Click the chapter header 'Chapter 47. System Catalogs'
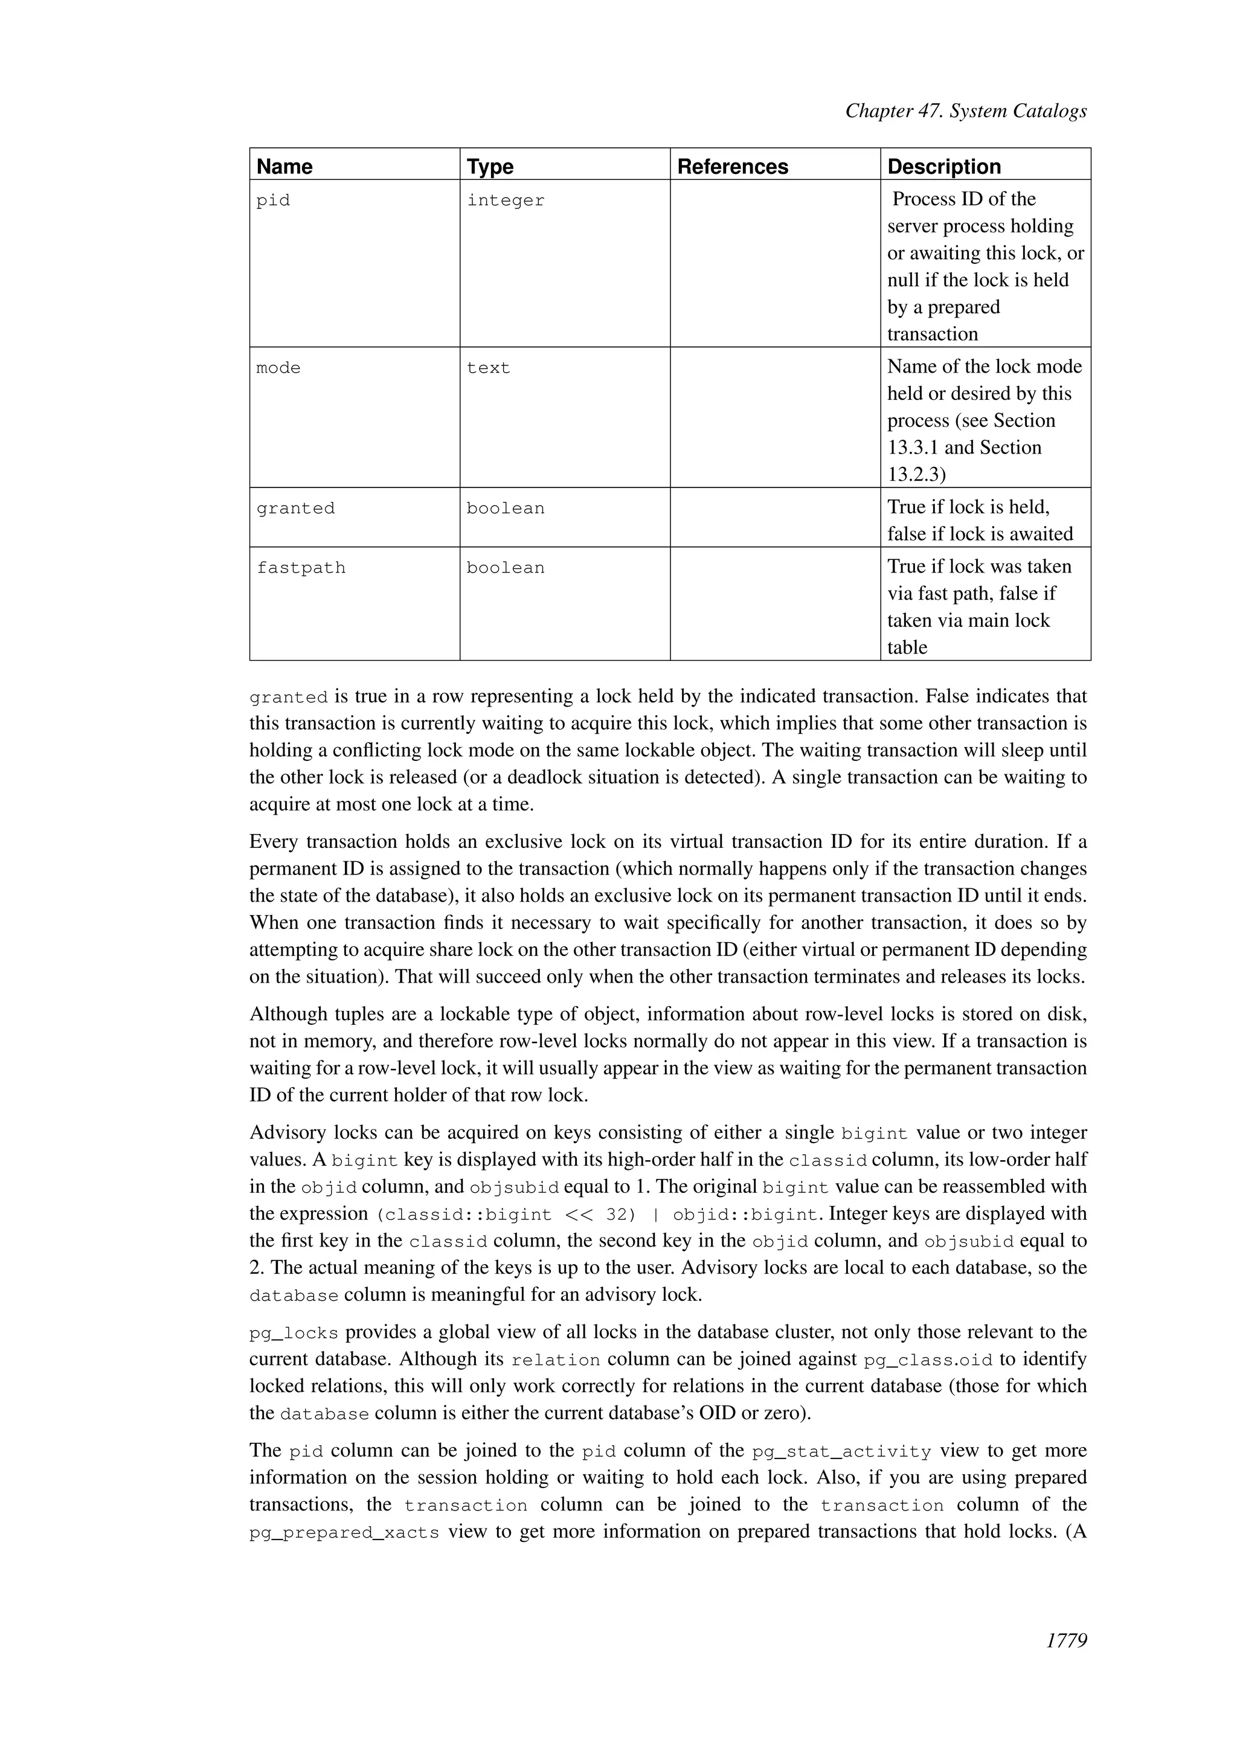pos(966,111)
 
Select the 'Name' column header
pos(284,167)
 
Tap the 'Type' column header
pos(490,167)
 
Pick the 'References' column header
pos(732,167)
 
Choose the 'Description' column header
pos(943,167)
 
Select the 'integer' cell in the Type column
pos(506,201)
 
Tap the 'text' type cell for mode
pos(488,368)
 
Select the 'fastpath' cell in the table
pos(301,568)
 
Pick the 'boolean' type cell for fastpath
pos(506,568)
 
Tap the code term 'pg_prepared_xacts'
pos(344,1533)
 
